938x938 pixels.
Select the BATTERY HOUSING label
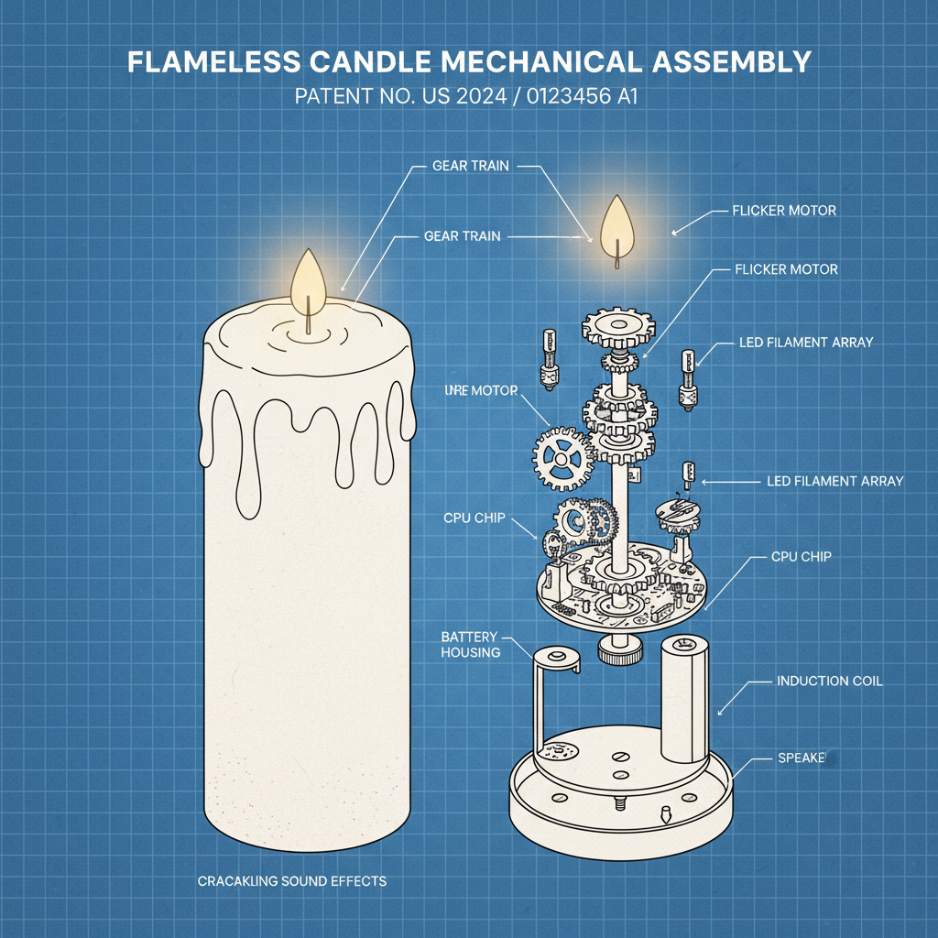pyautogui.click(x=470, y=644)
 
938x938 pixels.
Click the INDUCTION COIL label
pyautogui.click(x=829, y=682)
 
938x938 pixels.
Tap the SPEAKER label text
pyautogui.click(x=802, y=758)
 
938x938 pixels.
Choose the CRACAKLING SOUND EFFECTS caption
pyautogui.click(x=291, y=881)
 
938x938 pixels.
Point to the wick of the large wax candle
pyautogui.click(x=309, y=316)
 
